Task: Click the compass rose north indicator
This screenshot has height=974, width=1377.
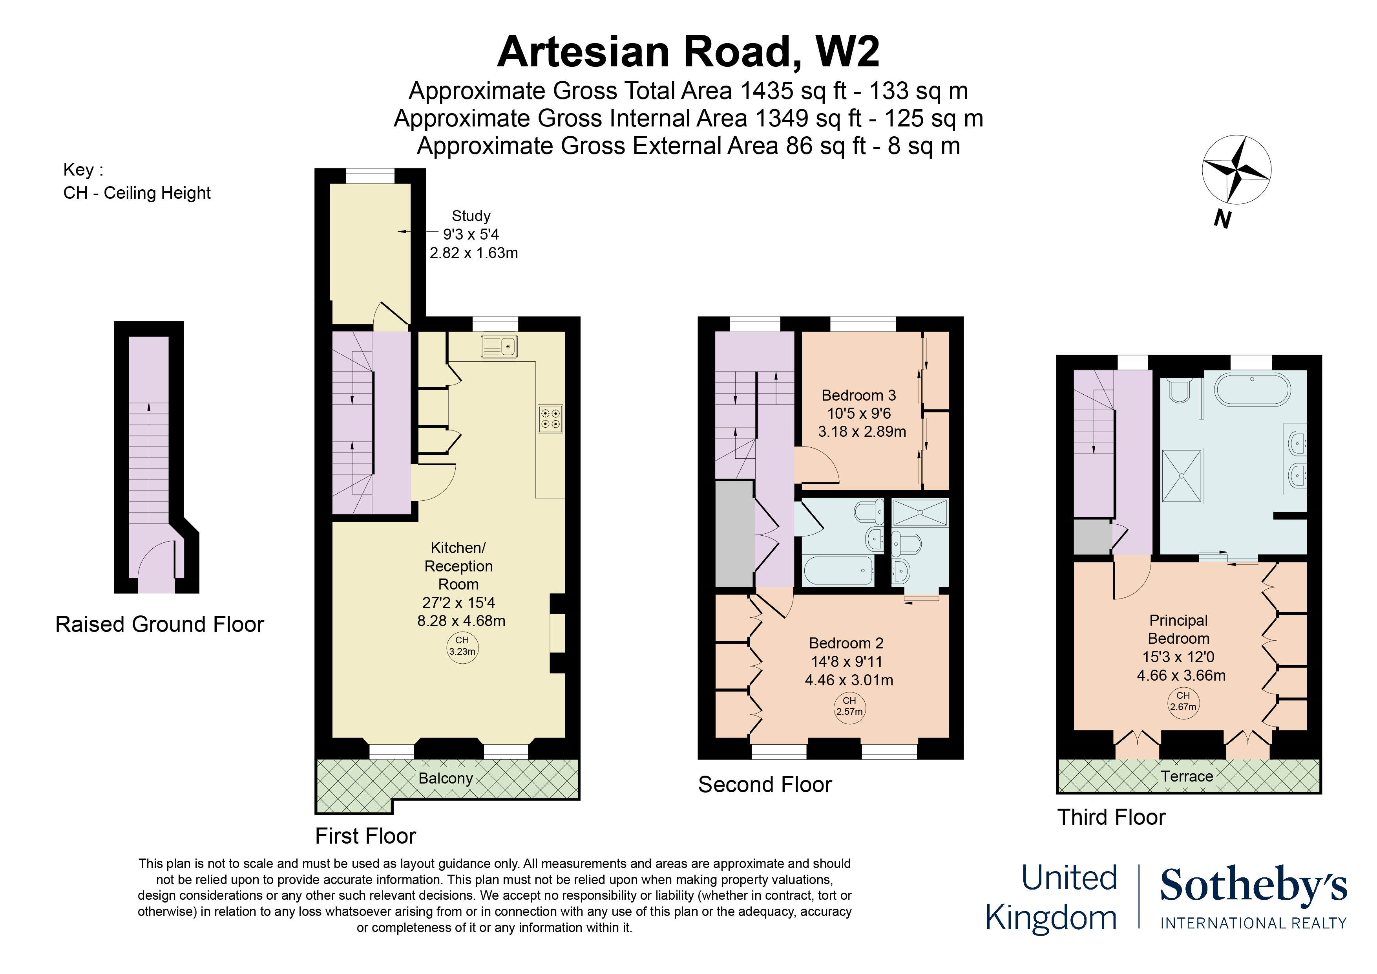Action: click(x=1236, y=169)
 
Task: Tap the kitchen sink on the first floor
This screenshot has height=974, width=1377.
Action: click(x=499, y=347)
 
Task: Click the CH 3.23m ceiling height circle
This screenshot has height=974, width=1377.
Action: click(x=462, y=647)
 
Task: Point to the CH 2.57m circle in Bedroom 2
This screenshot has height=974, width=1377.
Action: click(x=849, y=707)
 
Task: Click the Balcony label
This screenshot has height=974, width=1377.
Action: click(x=446, y=778)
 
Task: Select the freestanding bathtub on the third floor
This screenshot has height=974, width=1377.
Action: click(x=1252, y=390)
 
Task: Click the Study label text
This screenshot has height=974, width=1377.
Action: click(x=471, y=216)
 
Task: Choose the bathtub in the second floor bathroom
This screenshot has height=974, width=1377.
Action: click(x=838, y=571)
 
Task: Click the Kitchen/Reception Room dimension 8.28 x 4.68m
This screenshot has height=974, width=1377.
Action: click(x=461, y=621)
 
